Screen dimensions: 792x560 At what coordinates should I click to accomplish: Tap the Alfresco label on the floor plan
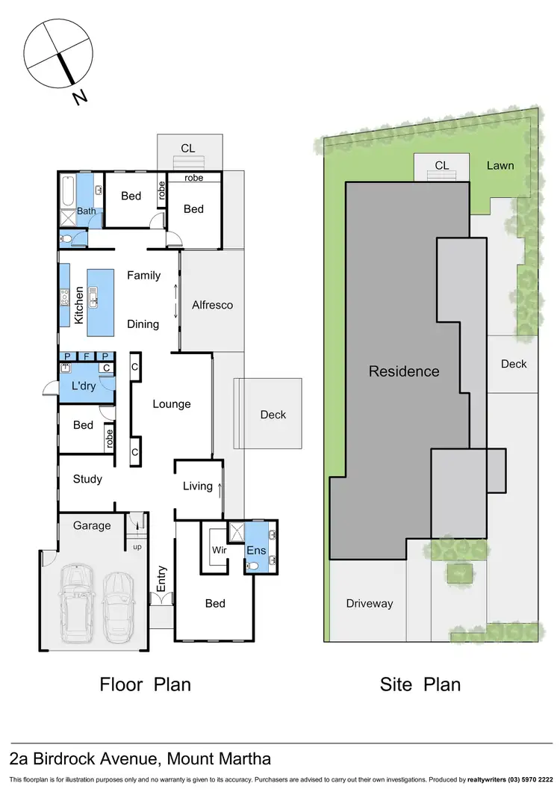tap(212, 305)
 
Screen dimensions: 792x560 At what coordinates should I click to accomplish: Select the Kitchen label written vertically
tap(78, 305)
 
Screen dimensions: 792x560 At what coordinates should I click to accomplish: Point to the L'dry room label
tap(84, 386)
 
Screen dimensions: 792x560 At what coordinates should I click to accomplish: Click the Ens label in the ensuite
tap(255, 550)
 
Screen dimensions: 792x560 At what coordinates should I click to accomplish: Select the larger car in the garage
tap(76, 605)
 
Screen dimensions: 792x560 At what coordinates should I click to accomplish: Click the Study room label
tap(87, 479)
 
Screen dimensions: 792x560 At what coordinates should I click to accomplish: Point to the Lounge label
tap(172, 404)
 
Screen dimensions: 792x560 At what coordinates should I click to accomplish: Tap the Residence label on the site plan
tap(404, 371)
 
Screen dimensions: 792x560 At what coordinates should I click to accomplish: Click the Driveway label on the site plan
tap(369, 604)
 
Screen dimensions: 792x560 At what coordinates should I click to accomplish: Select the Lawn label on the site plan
tap(500, 165)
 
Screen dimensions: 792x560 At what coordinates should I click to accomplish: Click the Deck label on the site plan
tap(514, 364)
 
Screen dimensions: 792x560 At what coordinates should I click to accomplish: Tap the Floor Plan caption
tap(146, 684)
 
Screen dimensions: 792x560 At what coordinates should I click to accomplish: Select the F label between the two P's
tap(86, 356)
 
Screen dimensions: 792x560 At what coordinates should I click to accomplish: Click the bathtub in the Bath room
tap(66, 189)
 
